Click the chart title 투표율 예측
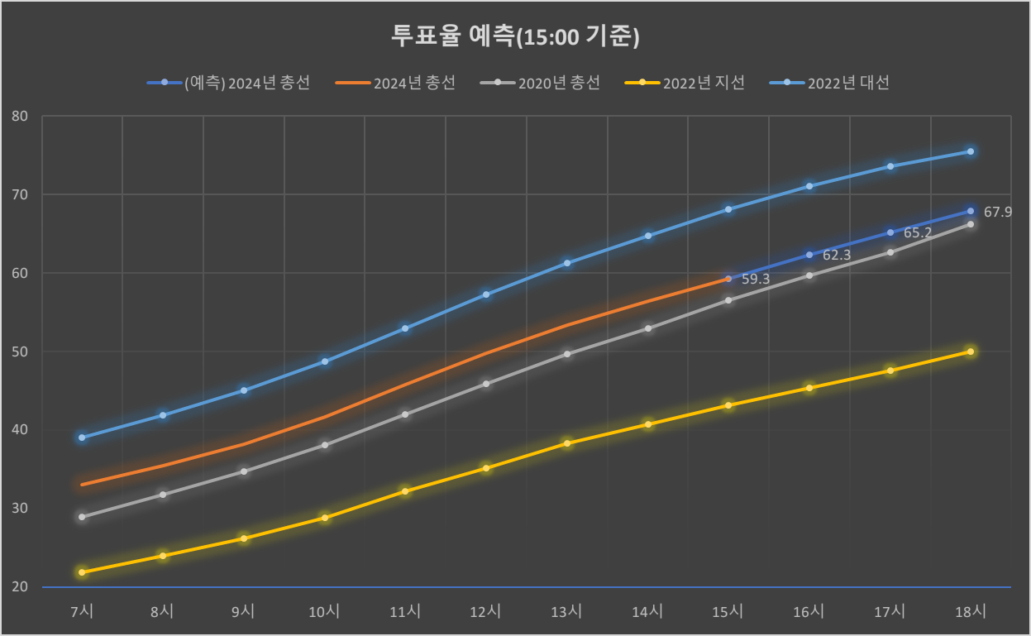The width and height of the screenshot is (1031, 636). [x=516, y=36]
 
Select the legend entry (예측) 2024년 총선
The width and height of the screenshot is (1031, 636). [x=229, y=83]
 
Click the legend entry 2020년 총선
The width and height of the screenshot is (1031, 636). [x=540, y=83]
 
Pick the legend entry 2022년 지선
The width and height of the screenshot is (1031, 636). [x=685, y=83]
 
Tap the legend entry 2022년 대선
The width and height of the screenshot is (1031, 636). [x=829, y=83]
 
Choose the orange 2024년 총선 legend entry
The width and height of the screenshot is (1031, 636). [x=395, y=83]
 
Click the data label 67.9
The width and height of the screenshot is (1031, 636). [x=997, y=212]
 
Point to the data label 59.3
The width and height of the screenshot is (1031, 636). [x=756, y=279]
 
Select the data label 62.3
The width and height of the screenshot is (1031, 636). [x=837, y=255]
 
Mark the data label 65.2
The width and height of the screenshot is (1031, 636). [x=917, y=232]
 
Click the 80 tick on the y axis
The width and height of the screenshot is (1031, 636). [x=20, y=116]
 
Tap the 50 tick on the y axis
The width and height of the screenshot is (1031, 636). [x=20, y=351]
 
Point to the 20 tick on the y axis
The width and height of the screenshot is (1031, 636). [x=20, y=586]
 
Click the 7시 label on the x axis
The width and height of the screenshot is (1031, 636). [x=82, y=611]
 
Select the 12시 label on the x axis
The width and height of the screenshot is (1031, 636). [x=485, y=611]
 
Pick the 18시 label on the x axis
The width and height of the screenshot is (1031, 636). [x=971, y=611]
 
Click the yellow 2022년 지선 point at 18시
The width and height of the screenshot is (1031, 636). [x=971, y=351]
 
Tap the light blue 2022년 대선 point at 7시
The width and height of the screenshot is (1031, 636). [x=82, y=438]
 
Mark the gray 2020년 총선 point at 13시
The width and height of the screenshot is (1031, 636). [x=567, y=354]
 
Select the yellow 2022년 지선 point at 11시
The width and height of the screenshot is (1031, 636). [x=405, y=491]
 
